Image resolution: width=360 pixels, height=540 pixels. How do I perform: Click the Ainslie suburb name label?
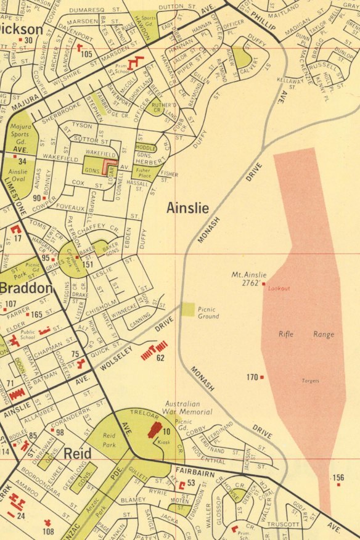(x=187, y=208)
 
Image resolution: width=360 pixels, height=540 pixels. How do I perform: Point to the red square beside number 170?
(x=262, y=377)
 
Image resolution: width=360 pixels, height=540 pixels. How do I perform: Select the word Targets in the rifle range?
(x=311, y=381)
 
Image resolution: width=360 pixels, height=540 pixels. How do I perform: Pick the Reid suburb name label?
(x=78, y=454)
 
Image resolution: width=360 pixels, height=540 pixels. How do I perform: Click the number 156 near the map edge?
(x=338, y=477)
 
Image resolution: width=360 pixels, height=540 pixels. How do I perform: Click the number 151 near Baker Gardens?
(x=89, y=265)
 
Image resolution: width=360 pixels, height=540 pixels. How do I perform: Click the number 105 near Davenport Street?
(x=86, y=54)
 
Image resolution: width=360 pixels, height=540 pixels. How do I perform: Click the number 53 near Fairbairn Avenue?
(x=191, y=483)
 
